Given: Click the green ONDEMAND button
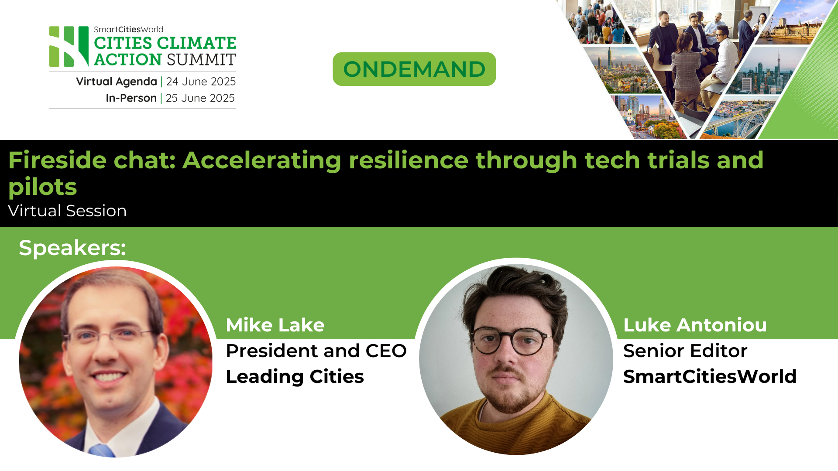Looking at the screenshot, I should (414, 69).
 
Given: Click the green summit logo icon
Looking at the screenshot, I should (69, 46).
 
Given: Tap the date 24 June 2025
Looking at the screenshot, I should (201, 82).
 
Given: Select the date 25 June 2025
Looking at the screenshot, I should (200, 98).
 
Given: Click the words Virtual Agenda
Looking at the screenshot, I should (116, 82).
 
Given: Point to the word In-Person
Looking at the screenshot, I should (131, 98).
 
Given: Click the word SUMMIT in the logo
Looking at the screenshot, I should (201, 60).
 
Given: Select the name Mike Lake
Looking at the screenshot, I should (275, 325).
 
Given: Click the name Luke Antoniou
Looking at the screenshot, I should (695, 325).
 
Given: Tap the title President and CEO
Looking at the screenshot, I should (316, 351).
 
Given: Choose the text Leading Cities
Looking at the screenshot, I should (295, 376).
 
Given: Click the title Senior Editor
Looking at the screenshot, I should (685, 351).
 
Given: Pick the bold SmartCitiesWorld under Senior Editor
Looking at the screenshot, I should (710, 376).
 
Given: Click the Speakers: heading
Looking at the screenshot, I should (72, 248).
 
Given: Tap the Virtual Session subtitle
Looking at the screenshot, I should (67, 211).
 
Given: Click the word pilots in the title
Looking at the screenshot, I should (43, 187).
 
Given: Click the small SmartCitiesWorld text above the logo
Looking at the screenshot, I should (128, 30).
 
